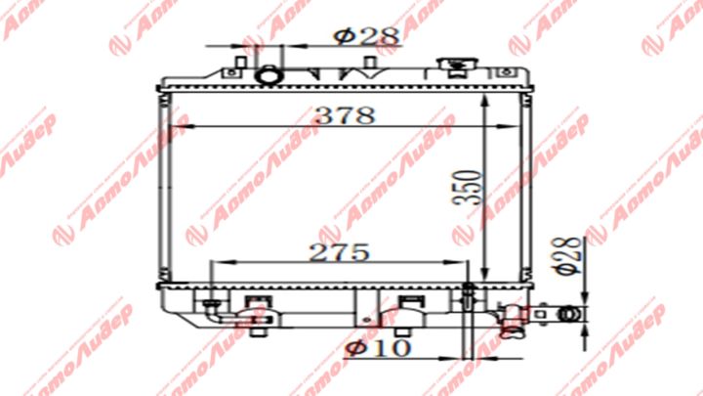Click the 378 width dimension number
point(344,114)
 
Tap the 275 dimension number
point(339,251)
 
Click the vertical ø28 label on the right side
point(570,253)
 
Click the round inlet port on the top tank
point(267,74)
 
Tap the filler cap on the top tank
point(452,66)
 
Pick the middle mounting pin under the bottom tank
point(412,329)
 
